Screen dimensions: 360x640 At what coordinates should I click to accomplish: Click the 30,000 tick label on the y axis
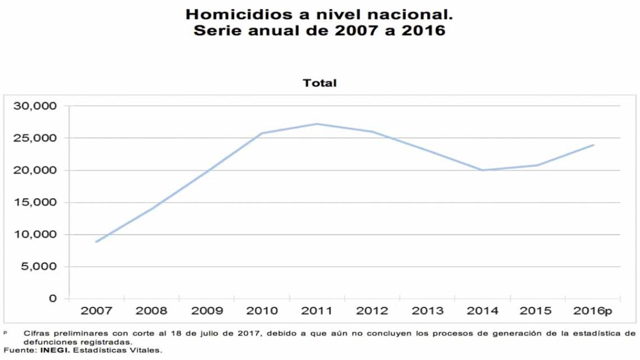pos(35,106)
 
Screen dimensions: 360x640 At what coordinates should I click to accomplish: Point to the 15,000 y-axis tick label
pos(35,203)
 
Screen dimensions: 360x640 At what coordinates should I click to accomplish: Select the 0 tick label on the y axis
pos(52,299)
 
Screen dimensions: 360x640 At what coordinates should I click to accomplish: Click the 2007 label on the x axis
pos(96,311)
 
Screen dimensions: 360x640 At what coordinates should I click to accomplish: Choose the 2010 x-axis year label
pos(262,311)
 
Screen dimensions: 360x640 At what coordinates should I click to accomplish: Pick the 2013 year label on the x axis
pos(428,311)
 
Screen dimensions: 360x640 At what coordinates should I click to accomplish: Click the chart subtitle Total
pos(319,83)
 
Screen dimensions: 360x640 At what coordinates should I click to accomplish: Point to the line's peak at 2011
pos(317,124)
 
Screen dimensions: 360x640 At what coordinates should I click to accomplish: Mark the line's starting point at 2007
pos(96,242)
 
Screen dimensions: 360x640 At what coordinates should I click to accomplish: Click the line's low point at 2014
pos(483,170)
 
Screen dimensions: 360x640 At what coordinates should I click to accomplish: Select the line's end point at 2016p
pos(593,145)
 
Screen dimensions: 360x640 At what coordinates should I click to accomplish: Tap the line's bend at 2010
pos(262,133)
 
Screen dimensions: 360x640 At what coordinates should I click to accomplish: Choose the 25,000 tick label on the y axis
pos(35,138)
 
